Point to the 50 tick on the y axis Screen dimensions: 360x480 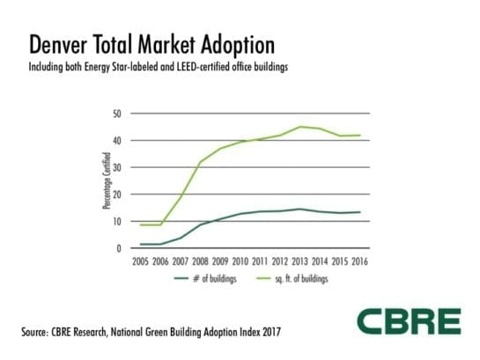[x=115, y=114]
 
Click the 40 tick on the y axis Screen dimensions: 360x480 [x=115, y=141]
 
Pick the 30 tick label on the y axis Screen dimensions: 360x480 [x=115, y=167]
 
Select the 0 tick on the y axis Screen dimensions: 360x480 [x=118, y=248]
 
